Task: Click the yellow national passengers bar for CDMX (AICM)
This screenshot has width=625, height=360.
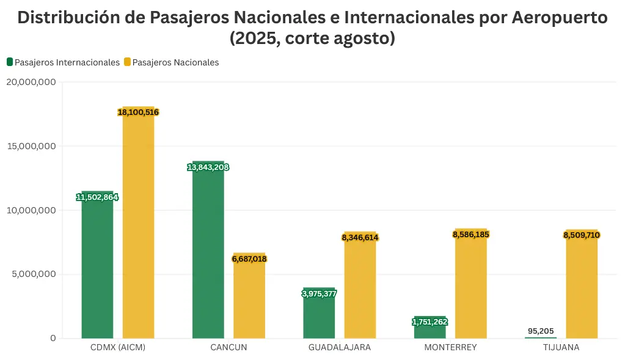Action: tap(138, 226)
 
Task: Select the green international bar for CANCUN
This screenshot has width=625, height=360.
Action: tap(208, 251)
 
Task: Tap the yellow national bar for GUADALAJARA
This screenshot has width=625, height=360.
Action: tap(360, 287)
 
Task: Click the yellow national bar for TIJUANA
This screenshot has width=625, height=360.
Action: tap(582, 287)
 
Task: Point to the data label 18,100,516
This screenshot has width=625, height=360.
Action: tap(138, 112)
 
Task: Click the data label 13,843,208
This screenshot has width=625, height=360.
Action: tap(208, 167)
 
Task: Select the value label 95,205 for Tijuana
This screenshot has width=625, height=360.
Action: tap(541, 331)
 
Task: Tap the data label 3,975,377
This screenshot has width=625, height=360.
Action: tap(319, 293)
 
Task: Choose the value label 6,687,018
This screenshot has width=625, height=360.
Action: tap(249, 259)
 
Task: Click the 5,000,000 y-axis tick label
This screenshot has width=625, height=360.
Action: tap(33, 274)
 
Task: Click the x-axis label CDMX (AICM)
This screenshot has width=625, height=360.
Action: tap(117, 347)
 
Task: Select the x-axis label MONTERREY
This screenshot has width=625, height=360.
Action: tap(450, 347)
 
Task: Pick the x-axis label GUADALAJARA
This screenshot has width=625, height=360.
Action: tap(339, 347)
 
